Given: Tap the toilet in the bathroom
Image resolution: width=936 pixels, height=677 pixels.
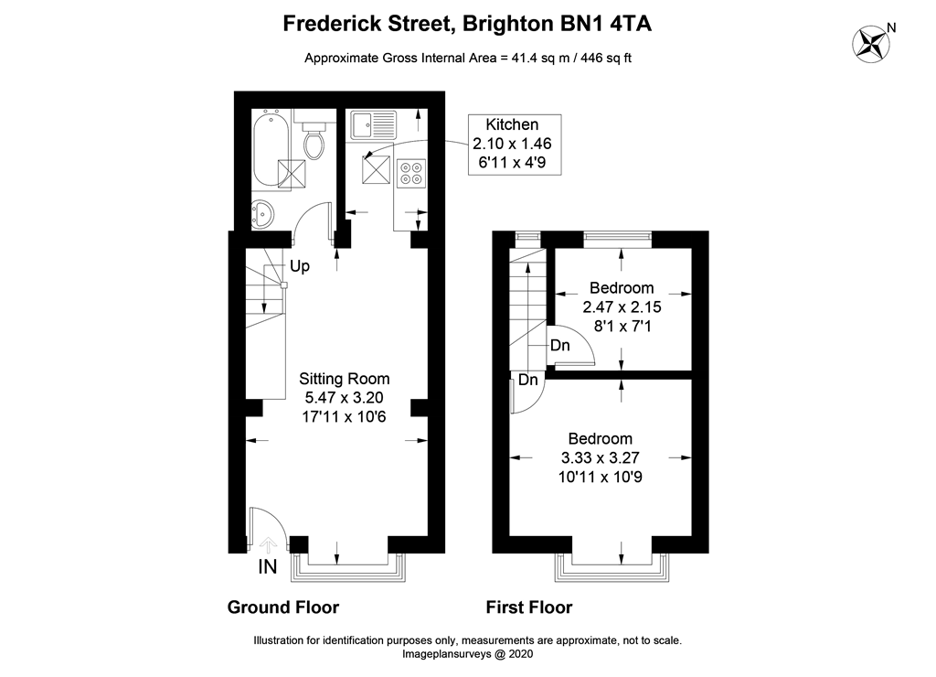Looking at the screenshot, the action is click(314, 135).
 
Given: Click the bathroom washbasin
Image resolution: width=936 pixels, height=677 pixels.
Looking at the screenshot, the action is click(261, 214).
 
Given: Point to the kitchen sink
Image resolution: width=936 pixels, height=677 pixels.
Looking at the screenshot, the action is click(373, 125).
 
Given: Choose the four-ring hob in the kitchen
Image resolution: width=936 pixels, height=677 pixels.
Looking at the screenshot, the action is click(411, 173).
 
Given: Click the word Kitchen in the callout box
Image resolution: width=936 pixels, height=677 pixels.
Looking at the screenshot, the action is click(512, 125).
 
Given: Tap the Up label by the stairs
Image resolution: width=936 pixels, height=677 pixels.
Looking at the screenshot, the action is click(300, 266).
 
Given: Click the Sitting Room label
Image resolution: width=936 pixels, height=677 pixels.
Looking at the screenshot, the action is click(345, 378).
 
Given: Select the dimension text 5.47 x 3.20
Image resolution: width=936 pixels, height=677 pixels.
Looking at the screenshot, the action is click(345, 397).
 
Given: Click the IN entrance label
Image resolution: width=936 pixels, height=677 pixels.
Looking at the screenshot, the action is click(268, 566).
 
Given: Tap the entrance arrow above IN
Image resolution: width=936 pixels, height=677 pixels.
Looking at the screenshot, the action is click(268, 544).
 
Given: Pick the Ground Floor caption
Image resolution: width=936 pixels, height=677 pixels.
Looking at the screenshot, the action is click(283, 607).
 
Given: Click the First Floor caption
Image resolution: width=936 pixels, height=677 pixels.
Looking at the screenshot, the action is click(529, 607).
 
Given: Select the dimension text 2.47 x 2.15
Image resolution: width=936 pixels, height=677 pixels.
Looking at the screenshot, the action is click(622, 307).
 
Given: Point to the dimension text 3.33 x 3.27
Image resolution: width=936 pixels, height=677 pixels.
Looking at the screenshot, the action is click(601, 457).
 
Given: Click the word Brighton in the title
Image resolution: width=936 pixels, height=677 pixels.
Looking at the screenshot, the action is click(508, 24).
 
